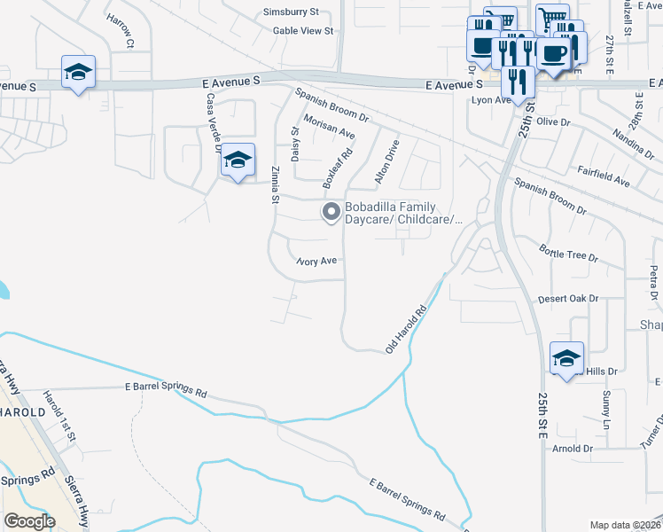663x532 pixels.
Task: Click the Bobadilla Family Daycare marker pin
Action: tap(331, 211)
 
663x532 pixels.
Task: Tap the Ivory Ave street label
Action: tap(316, 262)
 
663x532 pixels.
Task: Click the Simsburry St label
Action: tap(290, 12)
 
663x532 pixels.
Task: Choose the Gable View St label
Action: tap(302, 30)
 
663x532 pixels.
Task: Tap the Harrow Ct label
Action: tap(119, 30)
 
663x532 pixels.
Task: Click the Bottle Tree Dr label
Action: tap(568, 255)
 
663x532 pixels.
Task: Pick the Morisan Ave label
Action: tap(329, 128)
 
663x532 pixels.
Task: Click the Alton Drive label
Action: tap(387, 161)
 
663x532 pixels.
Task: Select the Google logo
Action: tap(29, 521)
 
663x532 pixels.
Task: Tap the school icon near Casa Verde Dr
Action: tap(238, 160)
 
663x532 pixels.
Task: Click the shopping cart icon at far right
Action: tap(553, 17)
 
